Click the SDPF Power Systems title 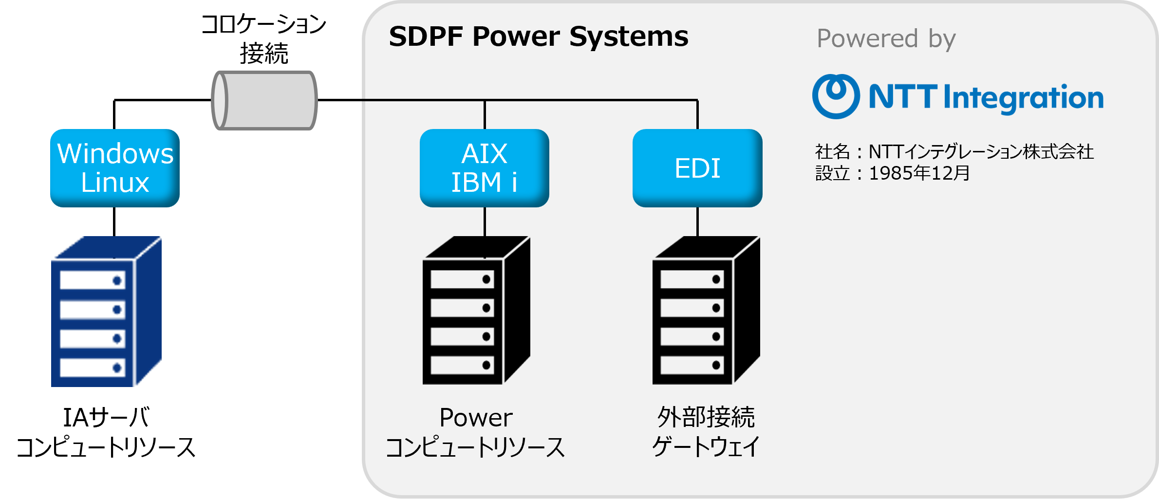coord(539,37)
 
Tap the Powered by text coord(886,39)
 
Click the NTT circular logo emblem coord(835,96)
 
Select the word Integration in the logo coord(1023,98)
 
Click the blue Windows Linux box coord(115,168)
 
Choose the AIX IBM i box coord(484,168)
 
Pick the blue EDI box coord(697,168)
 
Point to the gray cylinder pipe coord(264,100)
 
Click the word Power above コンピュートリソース coord(476,418)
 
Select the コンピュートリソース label coord(475,447)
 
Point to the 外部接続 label coord(706,417)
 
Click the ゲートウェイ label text coord(706,446)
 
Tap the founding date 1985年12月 coord(919,173)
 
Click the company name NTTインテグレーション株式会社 coord(981,152)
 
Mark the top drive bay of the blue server coord(92,280)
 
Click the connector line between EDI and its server coord(697,222)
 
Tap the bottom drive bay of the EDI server coord(692,365)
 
